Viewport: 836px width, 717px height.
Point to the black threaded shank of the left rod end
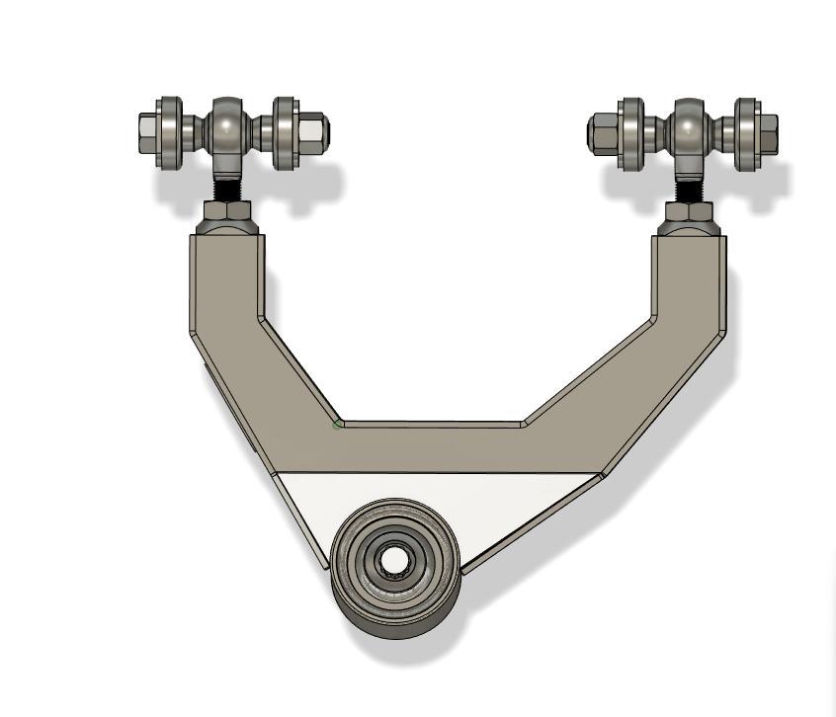tap(227, 186)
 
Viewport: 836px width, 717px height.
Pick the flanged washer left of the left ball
tap(171, 130)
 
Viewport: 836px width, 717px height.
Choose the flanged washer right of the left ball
tap(286, 130)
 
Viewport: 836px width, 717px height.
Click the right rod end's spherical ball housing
tap(689, 127)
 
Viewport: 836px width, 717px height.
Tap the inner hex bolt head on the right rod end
tap(601, 129)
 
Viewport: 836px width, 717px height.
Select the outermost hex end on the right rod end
tap(768, 128)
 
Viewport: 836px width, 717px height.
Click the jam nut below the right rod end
tap(689, 210)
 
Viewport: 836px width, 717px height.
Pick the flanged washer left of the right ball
tap(630, 130)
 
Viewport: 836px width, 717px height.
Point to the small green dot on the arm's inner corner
tap(338, 424)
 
